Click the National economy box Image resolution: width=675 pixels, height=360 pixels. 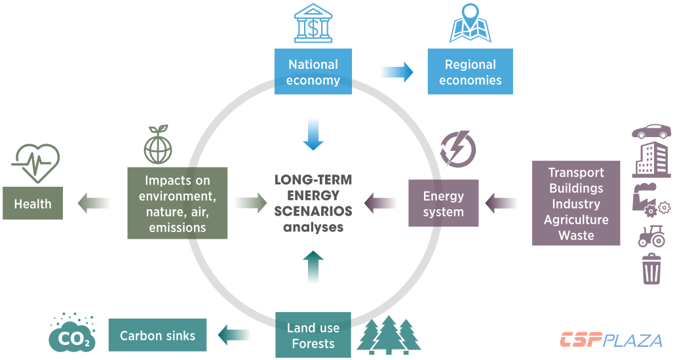point(313,72)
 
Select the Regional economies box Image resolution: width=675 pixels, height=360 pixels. point(470,72)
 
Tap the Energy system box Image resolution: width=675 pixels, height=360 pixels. point(443,204)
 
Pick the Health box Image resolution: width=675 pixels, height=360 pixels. point(33,204)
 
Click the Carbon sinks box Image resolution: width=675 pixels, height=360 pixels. point(157,336)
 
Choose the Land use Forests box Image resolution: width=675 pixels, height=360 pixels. point(313,335)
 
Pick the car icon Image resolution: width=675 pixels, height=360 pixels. point(651,131)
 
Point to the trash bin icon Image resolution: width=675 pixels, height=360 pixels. point(651,270)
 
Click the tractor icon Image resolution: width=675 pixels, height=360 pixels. point(651,236)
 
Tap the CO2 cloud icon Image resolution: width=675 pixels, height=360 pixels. point(72,333)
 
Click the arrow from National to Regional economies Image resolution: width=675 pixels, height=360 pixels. point(397,72)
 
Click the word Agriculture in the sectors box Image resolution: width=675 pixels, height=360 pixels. point(576,220)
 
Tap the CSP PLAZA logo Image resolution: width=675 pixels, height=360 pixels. point(611,340)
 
